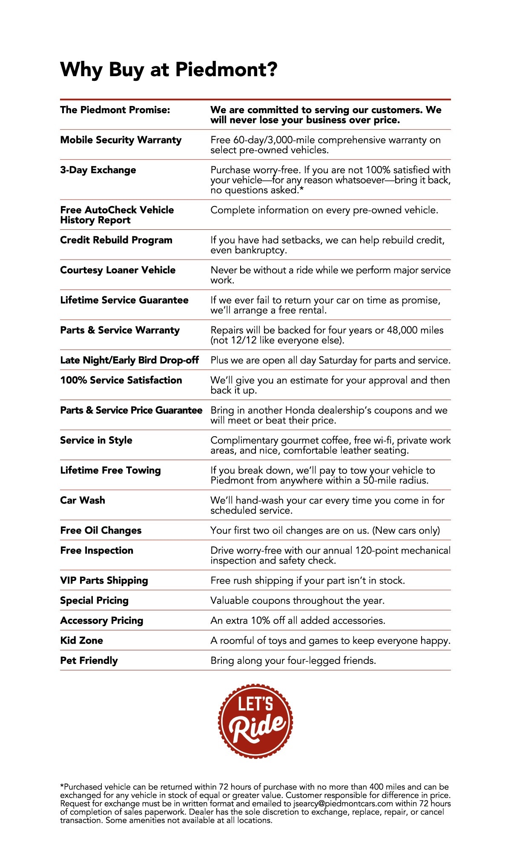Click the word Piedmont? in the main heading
pos(226,69)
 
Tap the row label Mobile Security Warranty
pos(121,140)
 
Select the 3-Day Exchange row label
pos(98,170)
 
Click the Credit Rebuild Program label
pos(116,240)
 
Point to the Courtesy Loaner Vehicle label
pos(118,270)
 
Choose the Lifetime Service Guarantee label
pos(124,300)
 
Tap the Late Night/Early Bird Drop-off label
pos(129,360)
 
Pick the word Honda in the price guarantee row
pos(301,410)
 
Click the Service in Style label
pos(96,441)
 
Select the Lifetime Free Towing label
pos(110,470)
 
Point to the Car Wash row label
pos(83,501)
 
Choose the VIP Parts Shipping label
pos(104,581)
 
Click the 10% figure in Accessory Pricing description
pos(260,621)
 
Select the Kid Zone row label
pos(81,641)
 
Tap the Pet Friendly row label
pos(89,661)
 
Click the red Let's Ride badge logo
pos(255,721)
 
